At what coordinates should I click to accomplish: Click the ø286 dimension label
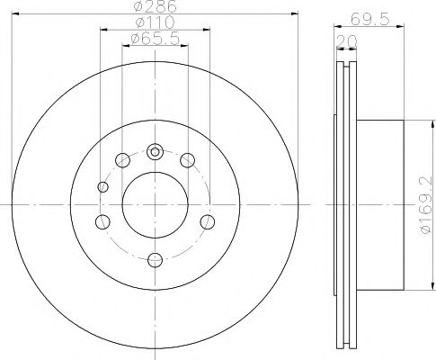pos(156,7)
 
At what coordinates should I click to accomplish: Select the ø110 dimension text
pos(155,23)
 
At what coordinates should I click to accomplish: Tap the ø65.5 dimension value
pos(155,39)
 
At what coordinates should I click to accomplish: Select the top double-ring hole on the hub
pos(155,151)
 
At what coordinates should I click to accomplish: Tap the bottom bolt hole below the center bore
pos(155,259)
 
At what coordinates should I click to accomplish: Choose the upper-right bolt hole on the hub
pos(188,160)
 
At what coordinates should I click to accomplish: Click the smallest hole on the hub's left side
pos(103,187)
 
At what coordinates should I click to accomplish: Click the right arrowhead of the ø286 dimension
pos(292,14)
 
